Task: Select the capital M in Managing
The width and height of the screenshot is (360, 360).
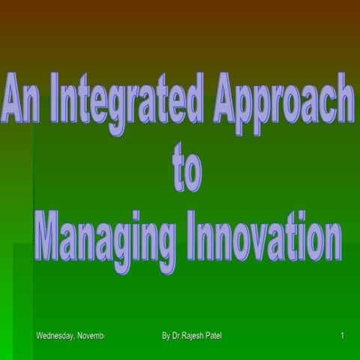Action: click(52, 237)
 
